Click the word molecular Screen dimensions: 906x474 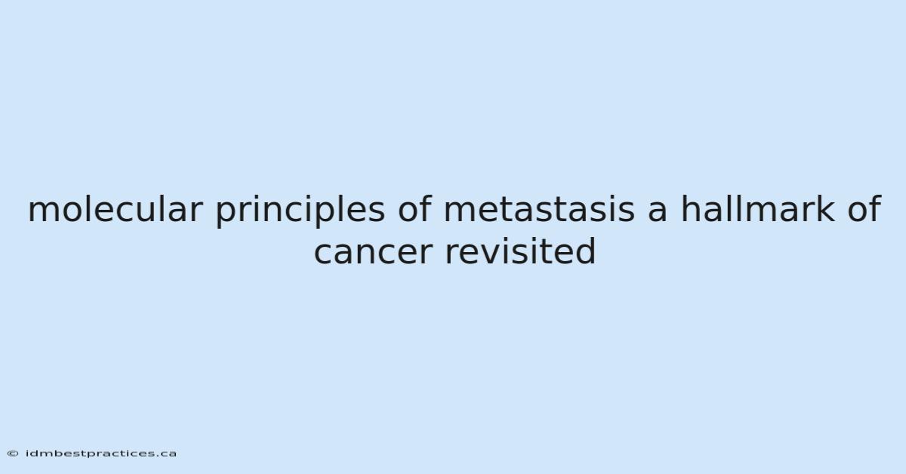(x=115, y=209)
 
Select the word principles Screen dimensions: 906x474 (x=300, y=211)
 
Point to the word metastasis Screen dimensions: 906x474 (x=539, y=210)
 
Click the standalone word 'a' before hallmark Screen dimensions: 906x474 (x=658, y=212)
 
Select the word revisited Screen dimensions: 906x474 (x=520, y=251)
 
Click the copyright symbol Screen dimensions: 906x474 (x=13, y=454)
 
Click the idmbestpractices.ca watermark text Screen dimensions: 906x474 (x=101, y=454)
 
